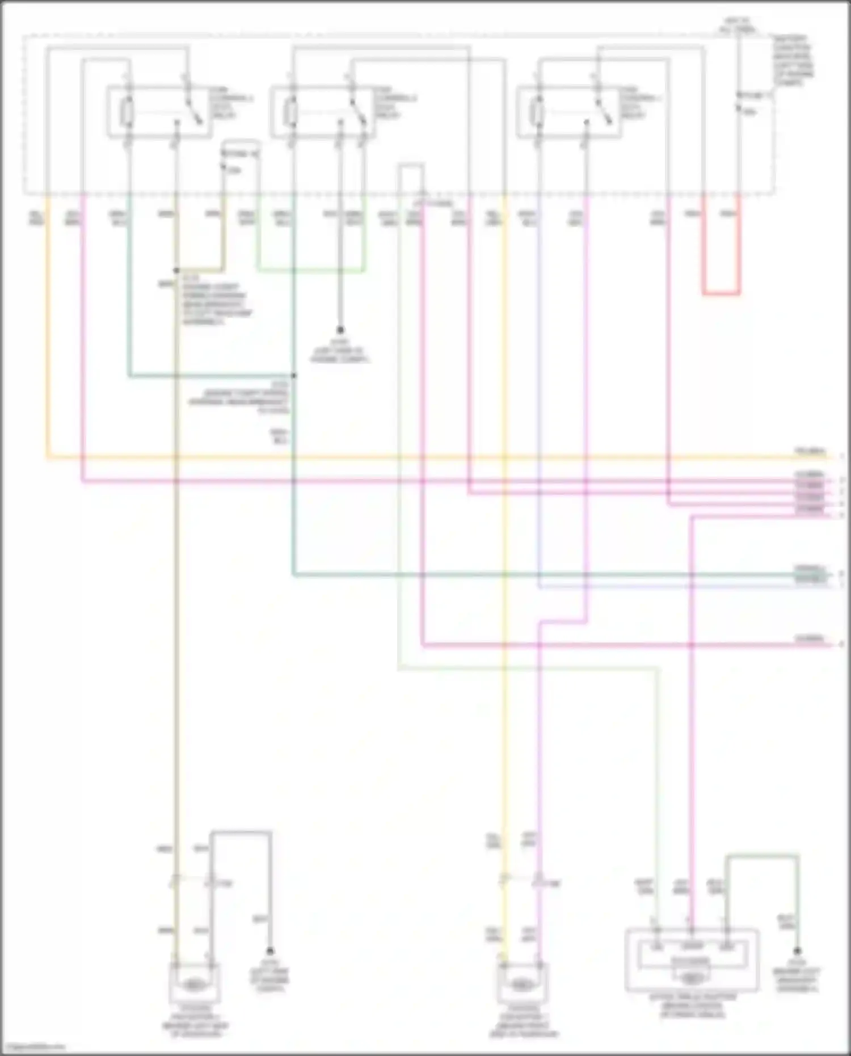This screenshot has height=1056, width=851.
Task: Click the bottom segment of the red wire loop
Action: coord(721,294)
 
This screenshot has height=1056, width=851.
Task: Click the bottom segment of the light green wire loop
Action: coord(310,271)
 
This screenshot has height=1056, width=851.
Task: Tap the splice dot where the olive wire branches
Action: coord(176,271)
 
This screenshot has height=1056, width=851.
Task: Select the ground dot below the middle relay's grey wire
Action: coord(340,330)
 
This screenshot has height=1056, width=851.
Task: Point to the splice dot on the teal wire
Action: coord(294,376)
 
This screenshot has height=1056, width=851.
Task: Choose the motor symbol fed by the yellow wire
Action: coord(521,986)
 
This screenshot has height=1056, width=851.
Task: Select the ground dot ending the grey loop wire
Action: coord(270,951)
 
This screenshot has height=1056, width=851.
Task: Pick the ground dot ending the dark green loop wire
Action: coord(797,951)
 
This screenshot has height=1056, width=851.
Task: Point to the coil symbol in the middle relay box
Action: coord(291,112)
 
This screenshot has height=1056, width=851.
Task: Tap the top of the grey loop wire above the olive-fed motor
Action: coord(241,832)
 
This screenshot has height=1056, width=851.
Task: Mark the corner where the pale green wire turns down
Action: coord(658,669)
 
